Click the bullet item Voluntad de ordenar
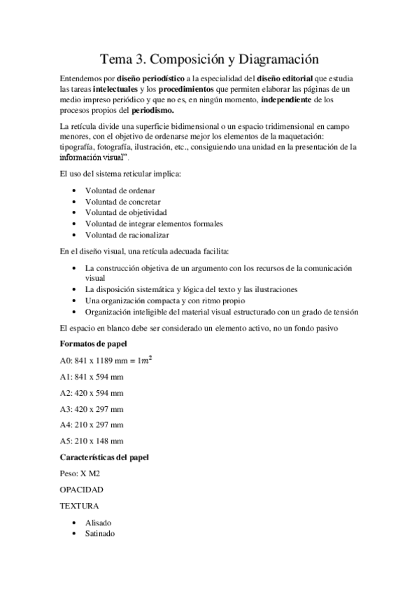tap(120, 190)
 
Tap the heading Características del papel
tap(103, 457)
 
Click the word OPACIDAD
tap(82, 489)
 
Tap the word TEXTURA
tap(79, 505)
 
